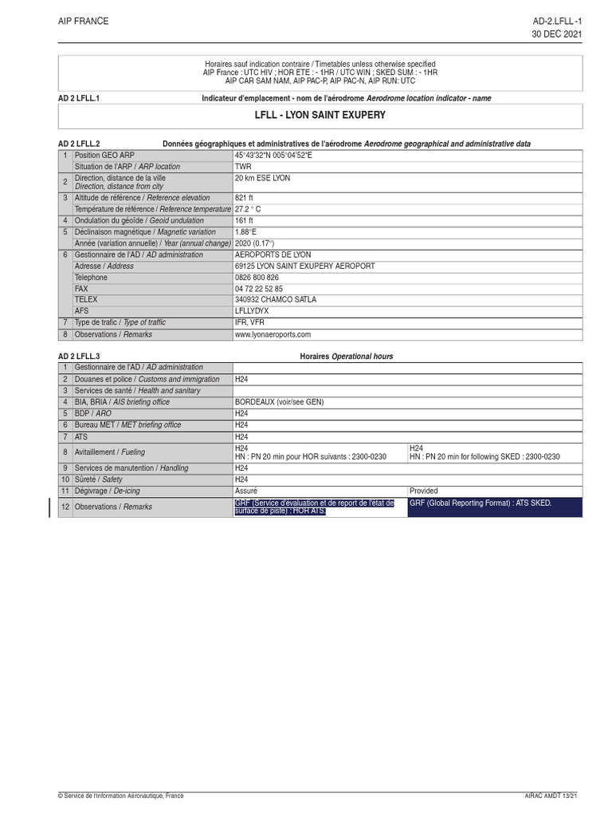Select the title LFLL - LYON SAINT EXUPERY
tap(320, 116)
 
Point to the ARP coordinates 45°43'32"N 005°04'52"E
tap(273, 155)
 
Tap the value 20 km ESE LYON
tap(262, 178)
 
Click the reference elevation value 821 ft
tap(244, 197)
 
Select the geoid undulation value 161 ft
tap(244, 220)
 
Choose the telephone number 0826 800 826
tap(257, 277)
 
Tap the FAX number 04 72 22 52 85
tap(259, 288)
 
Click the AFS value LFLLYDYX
tap(253, 311)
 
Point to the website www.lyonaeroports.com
tap(273, 334)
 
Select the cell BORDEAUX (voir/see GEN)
tap(279, 402)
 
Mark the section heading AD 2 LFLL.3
tap(79, 356)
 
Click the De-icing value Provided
tap(423, 491)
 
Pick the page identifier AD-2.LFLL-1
tap(558, 22)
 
